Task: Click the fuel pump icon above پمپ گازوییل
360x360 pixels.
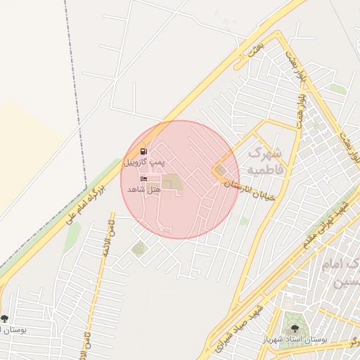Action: (144, 150)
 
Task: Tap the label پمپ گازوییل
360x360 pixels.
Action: (144, 162)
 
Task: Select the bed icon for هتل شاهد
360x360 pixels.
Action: (144, 180)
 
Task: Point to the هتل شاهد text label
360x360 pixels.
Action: (144, 190)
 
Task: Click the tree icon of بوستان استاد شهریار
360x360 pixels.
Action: (294, 328)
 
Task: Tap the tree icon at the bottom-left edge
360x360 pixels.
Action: (5, 319)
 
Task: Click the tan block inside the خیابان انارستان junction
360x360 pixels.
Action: (221, 170)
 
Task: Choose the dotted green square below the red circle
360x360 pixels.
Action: (139, 247)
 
